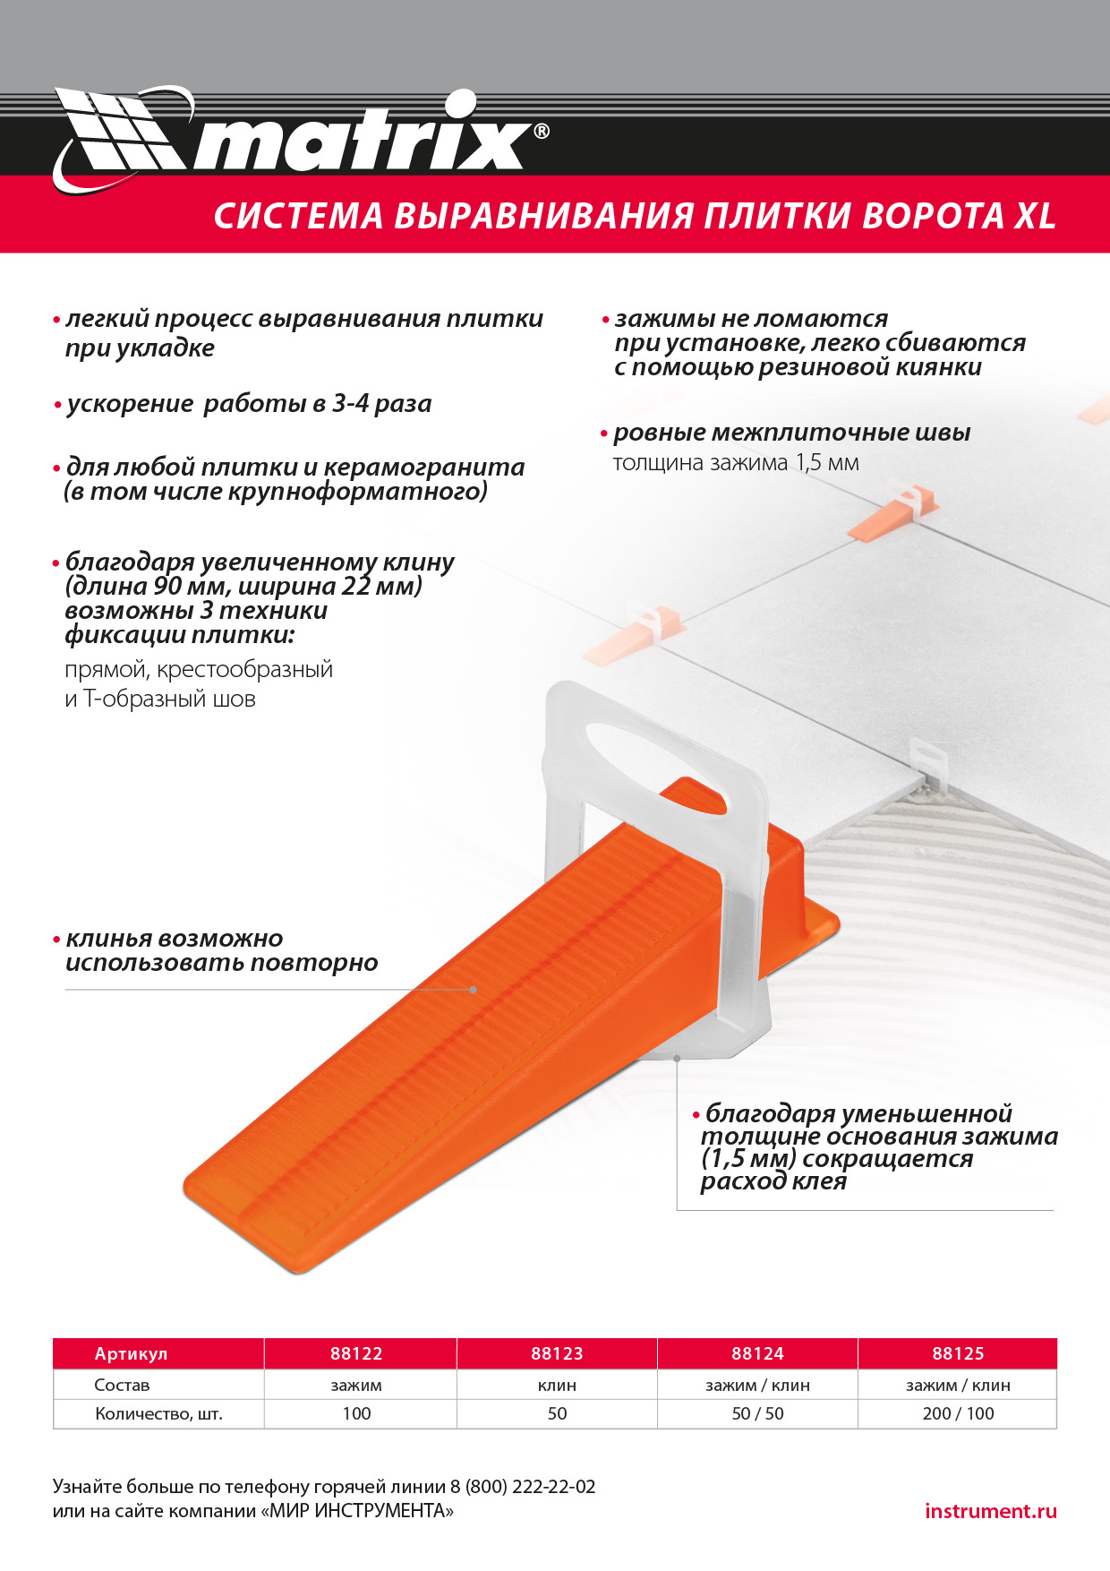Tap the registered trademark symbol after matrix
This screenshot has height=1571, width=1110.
[541, 132]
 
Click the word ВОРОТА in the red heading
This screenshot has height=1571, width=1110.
[932, 217]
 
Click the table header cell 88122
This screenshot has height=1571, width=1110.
[356, 1353]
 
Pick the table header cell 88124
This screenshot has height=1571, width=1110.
[757, 1353]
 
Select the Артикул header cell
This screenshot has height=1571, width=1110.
[131, 1353]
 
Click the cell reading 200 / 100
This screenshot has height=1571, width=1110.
[958, 1413]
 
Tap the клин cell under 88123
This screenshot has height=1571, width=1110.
[557, 1385]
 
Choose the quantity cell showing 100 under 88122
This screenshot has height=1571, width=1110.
[356, 1413]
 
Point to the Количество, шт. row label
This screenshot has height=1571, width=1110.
[158, 1413]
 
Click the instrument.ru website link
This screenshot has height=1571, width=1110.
[990, 1511]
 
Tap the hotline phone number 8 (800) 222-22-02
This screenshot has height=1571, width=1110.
[523, 1487]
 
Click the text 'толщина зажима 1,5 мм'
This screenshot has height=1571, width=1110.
[735, 463]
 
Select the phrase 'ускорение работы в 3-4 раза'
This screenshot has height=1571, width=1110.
[249, 404]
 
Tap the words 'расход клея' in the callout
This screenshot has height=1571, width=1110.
[773, 1181]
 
